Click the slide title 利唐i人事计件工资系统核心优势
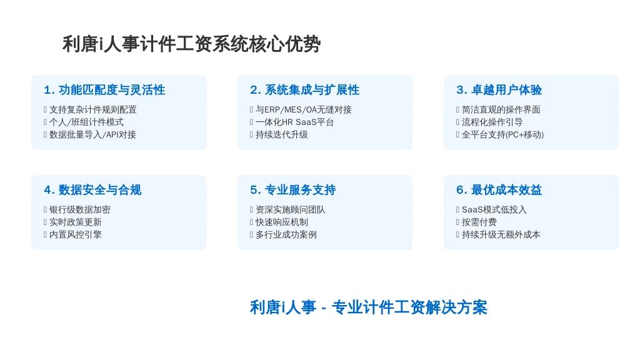191,44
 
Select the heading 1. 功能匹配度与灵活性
104,90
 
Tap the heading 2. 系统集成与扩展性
305,90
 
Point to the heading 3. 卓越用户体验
499,90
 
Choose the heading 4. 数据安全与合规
92,190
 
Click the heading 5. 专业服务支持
293,190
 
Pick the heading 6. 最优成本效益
499,190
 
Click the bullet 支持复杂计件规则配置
93,110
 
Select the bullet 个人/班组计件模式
86,122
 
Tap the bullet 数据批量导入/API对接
92,135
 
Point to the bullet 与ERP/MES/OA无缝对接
304,110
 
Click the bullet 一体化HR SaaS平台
295,122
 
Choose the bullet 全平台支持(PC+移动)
503,135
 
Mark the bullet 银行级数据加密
80,210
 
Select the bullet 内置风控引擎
76,235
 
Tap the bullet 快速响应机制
282,222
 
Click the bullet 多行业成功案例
286,235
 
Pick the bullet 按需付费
479,222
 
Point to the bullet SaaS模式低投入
494,210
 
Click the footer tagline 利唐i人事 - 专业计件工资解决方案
369,307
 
